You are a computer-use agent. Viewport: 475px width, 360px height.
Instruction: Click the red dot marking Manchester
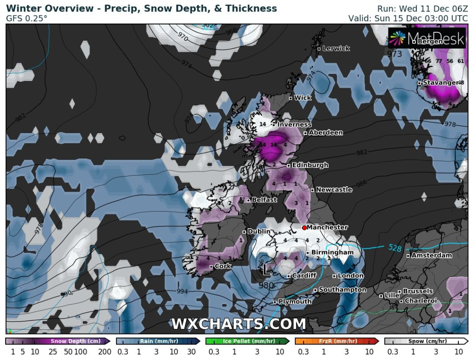(304, 227)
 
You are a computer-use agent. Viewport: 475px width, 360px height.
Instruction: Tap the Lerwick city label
(336, 49)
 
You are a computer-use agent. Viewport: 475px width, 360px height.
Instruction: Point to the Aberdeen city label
(326, 133)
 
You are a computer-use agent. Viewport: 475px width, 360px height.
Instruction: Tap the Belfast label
(264, 200)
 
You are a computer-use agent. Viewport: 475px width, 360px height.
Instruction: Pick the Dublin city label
(259, 232)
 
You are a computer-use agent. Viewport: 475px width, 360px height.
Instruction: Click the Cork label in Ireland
(223, 266)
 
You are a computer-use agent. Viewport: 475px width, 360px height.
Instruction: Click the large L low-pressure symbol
(266, 269)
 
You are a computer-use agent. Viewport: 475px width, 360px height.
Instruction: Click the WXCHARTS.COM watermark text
(238, 324)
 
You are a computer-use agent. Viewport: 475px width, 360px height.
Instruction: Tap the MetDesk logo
(426, 38)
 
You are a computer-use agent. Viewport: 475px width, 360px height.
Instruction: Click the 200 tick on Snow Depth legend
(104, 352)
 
